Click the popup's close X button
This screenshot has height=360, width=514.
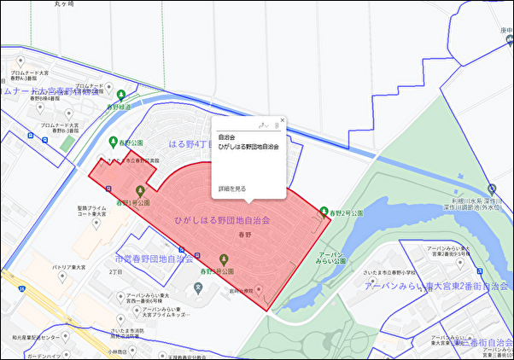coord(282,120)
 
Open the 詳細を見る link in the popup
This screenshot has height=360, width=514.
coord(232,189)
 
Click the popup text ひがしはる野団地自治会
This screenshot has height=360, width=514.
coord(248,147)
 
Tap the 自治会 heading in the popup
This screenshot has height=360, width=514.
coord(226,136)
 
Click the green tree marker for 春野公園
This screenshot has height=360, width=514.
coord(114,142)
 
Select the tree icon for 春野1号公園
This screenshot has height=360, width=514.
coord(140,189)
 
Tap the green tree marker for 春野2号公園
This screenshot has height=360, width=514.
coord(324,211)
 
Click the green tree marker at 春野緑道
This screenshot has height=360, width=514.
coord(121,95)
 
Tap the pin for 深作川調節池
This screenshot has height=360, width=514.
coord(491,188)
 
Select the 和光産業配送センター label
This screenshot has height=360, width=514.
coord(35,339)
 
